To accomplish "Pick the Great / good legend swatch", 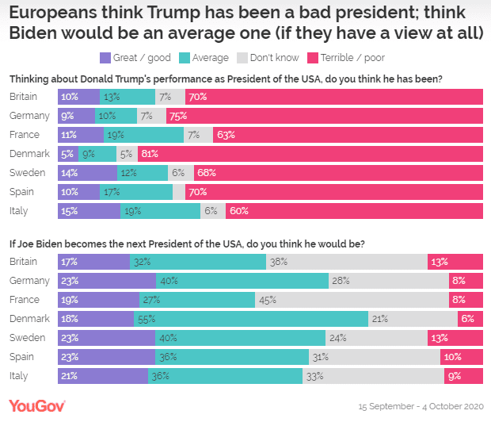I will click(x=105, y=58).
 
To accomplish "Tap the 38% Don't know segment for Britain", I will click(x=346, y=261).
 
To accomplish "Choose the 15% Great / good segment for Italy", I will click(x=89, y=210).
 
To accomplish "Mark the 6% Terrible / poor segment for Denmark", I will click(x=470, y=318).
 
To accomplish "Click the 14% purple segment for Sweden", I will click(x=87, y=172).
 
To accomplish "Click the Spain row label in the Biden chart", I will click(x=21, y=356).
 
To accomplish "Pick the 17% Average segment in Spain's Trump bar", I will click(x=135, y=191).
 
